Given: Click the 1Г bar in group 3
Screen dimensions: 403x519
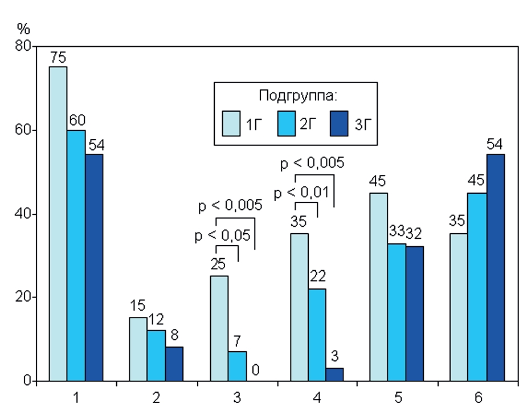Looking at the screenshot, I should coord(219,328).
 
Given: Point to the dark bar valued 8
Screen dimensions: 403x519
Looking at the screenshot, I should coord(174,364).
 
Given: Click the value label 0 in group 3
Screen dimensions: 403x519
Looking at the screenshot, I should coord(256,371).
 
